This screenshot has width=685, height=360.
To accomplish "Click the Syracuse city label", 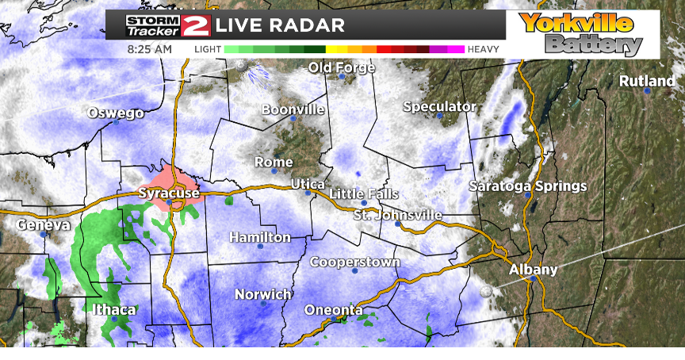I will (169, 193).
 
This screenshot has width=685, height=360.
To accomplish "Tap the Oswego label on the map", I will (116, 113).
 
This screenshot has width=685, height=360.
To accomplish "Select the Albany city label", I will (534, 270).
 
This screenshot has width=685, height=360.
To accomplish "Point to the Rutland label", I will (647, 81).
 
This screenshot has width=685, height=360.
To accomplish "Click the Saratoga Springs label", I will (527, 186).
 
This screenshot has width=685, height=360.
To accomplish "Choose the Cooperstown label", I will (354, 262).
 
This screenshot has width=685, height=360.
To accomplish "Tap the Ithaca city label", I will (113, 309).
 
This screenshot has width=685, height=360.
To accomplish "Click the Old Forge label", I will (342, 67).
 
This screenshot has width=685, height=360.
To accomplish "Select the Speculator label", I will (439, 106).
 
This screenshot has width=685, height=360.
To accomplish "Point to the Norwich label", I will (263, 294).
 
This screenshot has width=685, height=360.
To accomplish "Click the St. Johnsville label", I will (397, 215).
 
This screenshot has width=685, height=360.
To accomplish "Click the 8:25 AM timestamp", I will (149, 49).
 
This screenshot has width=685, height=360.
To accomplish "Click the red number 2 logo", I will (195, 25).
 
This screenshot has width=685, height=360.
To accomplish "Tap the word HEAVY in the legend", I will (483, 49).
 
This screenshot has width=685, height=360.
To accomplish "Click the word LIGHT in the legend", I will (208, 49).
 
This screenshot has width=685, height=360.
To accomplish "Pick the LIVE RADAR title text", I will (281, 25).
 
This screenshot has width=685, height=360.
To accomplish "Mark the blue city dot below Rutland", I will (647, 91).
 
